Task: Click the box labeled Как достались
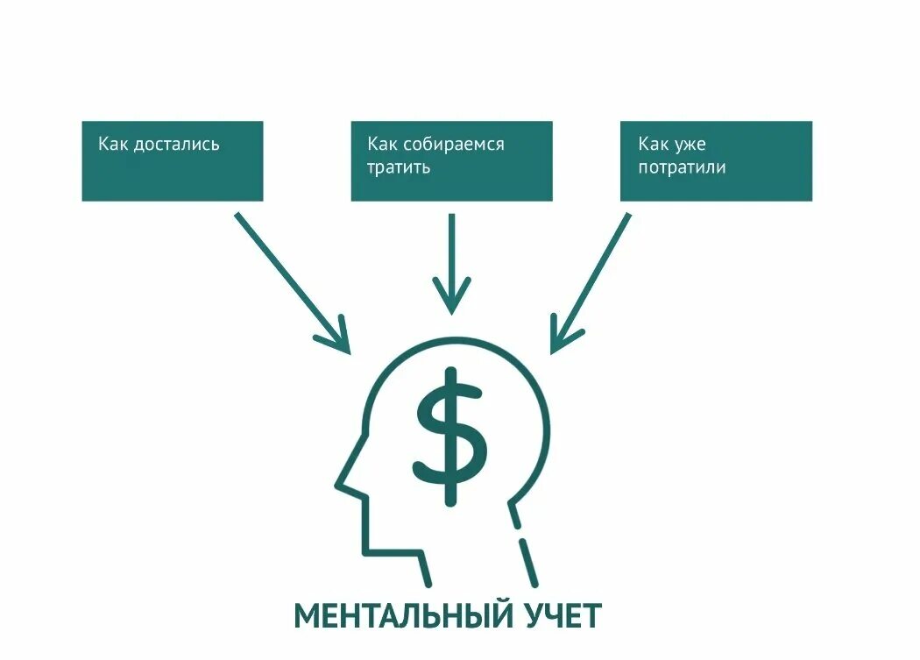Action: click(x=172, y=161)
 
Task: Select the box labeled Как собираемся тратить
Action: click(x=451, y=161)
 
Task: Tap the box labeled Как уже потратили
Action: click(x=716, y=161)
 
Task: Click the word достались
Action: click(x=176, y=144)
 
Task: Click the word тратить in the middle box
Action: click(x=399, y=167)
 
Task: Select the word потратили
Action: click(x=682, y=167)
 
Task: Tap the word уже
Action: click(x=690, y=144)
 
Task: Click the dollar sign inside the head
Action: click(x=450, y=436)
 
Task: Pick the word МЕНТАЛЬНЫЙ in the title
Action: click(x=403, y=616)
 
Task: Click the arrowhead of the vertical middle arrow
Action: click(x=451, y=298)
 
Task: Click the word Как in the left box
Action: click(x=113, y=144)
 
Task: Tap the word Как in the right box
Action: click(x=654, y=144)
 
